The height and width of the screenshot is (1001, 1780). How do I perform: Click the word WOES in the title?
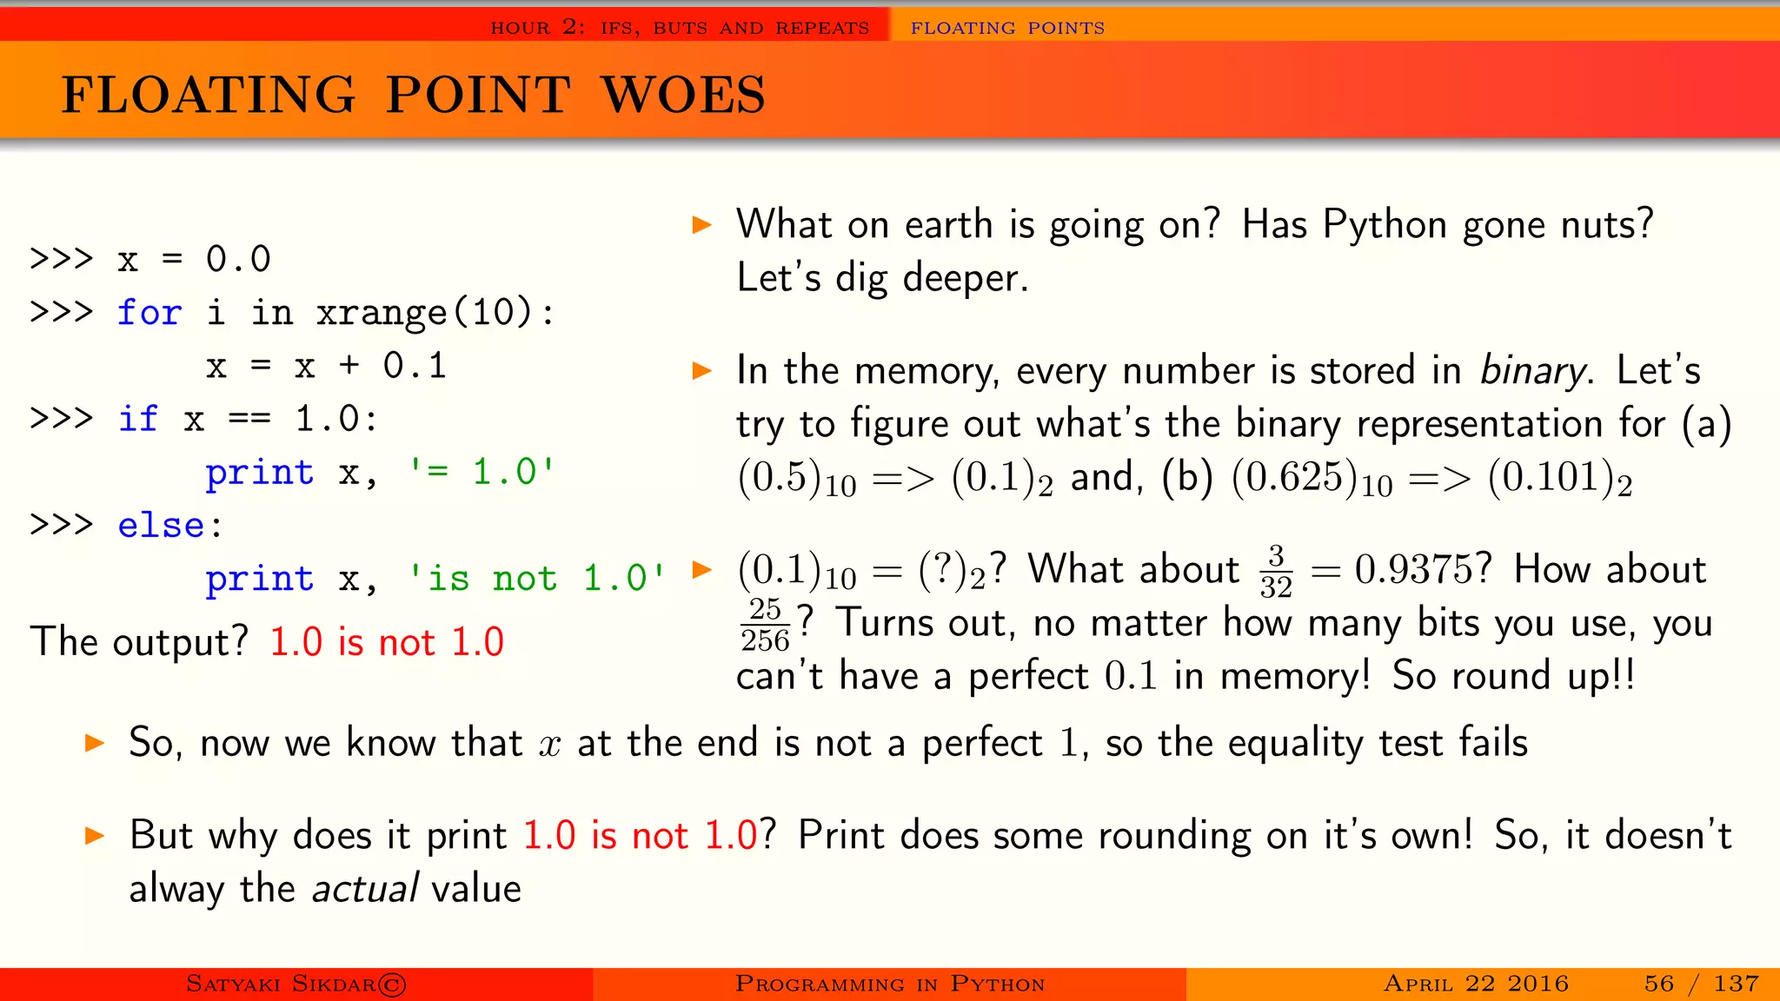pyautogui.click(x=683, y=95)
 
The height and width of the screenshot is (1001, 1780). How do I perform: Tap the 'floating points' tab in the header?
pyautogui.click(x=1006, y=28)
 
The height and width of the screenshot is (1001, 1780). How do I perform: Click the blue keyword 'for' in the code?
pyautogui.click(x=149, y=313)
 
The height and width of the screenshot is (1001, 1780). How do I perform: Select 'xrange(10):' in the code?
pyautogui.click(x=435, y=313)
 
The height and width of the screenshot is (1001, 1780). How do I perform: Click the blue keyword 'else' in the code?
pyautogui.click(x=161, y=526)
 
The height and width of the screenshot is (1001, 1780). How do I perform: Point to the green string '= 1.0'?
pyautogui.click(x=482, y=472)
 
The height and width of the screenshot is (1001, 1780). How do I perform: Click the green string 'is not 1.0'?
pyautogui.click(x=536, y=579)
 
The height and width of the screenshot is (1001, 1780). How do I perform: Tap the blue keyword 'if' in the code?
pyautogui.click(x=137, y=419)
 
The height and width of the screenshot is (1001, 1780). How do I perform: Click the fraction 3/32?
pyautogui.click(x=1275, y=572)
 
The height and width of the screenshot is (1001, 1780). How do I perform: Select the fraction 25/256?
pyautogui.click(x=765, y=625)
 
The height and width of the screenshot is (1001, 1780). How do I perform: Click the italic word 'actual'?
pyautogui.click(x=365, y=889)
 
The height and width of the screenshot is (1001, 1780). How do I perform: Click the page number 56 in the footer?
pyautogui.click(x=1658, y=984)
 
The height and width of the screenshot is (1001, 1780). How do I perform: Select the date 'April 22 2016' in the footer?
pyautogui.click(x=1475, y=984)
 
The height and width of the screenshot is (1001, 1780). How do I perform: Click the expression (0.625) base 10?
pyautogui.click(x=1311, y=479)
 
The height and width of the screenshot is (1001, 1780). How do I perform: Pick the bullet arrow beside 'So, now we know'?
pyautogui.click(x=94, y=743)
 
